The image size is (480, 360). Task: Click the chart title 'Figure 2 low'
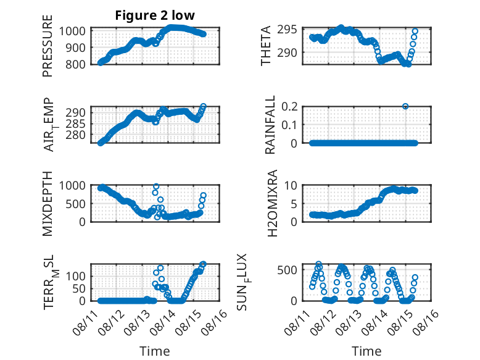coord(155,15)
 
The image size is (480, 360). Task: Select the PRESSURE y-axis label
coord(48,46)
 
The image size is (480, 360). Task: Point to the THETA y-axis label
coord(266,46)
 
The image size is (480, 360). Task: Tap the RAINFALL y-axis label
coord(270,124)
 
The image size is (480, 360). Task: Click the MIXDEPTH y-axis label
coord(48,203)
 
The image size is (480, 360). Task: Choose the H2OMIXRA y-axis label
coord(272,203)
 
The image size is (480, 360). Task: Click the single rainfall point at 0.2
coord(405,106)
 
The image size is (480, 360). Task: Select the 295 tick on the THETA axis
coord(287,30)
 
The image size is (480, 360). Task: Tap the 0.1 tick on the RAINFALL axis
coord(289,124)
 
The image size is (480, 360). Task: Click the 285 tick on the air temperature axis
coord(76,123)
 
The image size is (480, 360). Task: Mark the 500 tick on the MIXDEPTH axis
coord(76,204)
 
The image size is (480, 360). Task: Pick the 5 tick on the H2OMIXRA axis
coord(294,204)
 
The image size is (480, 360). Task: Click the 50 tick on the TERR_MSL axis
coord(79,288)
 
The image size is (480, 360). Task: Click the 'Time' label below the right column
coord(366,351)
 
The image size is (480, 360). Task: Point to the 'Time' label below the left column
coord(155,351)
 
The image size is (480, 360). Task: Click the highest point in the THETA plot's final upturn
coord(415,31)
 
